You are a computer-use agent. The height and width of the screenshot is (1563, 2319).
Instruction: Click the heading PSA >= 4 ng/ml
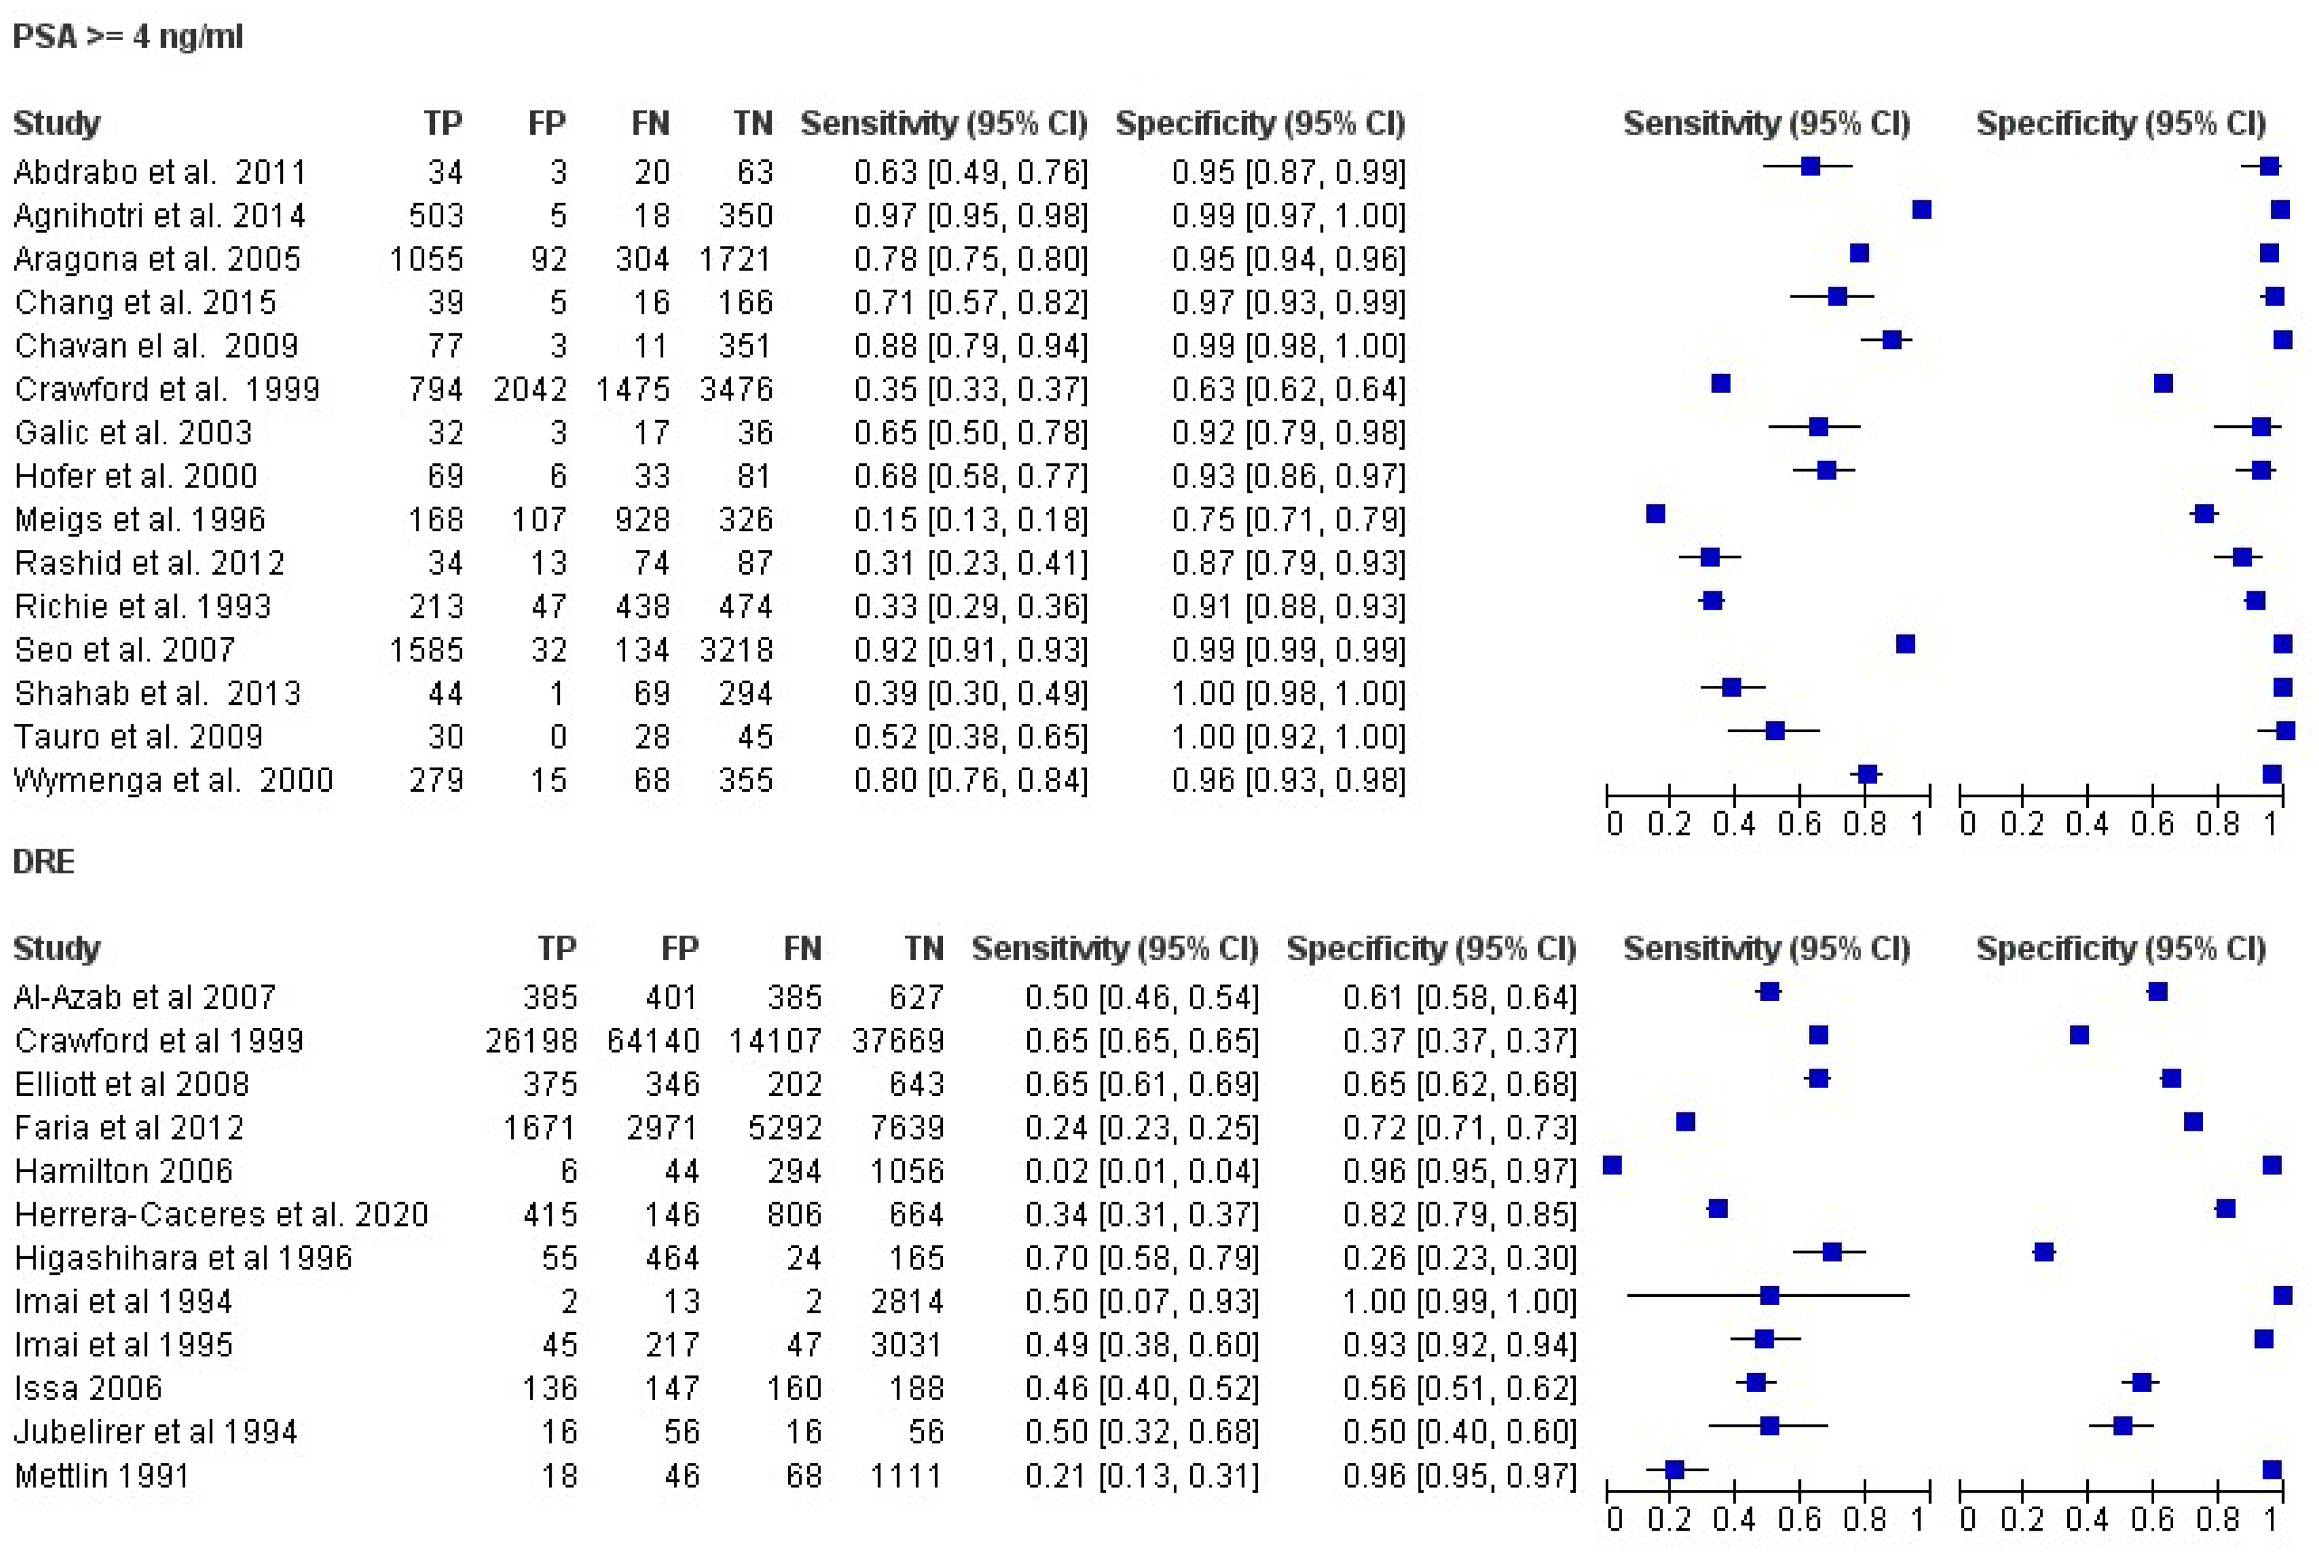[127, 37]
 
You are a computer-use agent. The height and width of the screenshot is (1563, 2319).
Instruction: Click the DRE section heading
[43, 861]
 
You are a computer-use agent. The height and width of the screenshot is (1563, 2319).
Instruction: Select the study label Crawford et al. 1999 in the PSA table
[167, 389]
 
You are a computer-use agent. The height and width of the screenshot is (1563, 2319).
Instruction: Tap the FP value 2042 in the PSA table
[529, 389]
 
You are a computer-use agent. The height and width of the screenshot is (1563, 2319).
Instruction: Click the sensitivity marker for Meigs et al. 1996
[1655, 513]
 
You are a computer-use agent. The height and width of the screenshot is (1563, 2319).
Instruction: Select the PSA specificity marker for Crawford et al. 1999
[2162, 383]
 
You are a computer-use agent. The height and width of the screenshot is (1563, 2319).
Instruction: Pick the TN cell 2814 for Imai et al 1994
[906, 1301]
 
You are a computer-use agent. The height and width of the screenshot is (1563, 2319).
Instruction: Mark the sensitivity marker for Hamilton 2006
[1612, 1165]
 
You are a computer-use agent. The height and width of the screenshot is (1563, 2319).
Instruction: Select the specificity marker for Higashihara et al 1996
[2044, 1252]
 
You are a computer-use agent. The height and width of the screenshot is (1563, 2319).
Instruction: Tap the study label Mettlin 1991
[101, 1476]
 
